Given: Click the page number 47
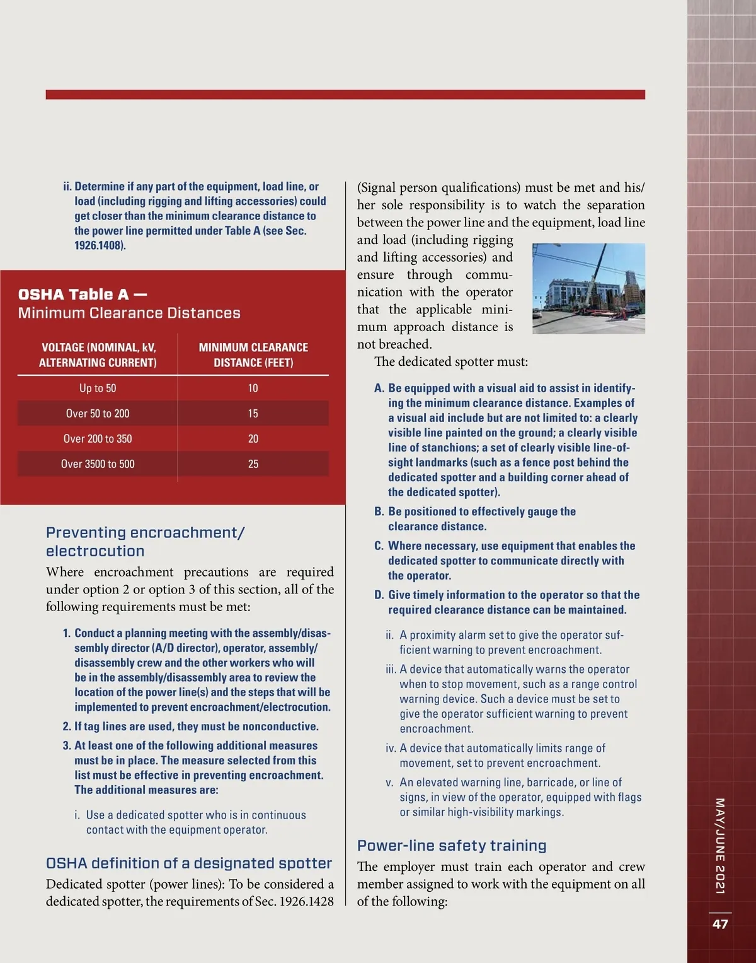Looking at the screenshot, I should point(720,924).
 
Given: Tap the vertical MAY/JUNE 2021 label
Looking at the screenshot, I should point(720,846).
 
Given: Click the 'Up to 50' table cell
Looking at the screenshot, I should point(98,388).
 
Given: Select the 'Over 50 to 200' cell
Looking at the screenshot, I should point(98,414).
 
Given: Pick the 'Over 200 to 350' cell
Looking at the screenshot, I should point(98,439).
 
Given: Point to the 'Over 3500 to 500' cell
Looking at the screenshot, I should point(98,464).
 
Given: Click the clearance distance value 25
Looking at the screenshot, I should point(253,464).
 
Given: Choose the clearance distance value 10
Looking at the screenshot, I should point(253,388).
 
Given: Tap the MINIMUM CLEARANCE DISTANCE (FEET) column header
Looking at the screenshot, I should point(253,355).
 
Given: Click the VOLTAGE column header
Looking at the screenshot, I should point(98,355).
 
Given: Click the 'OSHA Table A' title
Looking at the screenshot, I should point(83,295).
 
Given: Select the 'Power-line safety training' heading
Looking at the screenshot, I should point(452,846).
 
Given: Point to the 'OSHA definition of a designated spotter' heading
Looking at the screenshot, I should point(189,863).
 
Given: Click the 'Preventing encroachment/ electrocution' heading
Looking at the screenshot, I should point(145,542).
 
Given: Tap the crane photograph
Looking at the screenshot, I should point(588,288).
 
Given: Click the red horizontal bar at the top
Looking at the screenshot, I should point(345,95).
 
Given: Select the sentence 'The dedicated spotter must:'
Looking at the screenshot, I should point(451,361).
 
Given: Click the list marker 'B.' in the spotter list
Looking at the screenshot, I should point(379,511).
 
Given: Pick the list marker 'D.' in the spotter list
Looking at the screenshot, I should point(379,595).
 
